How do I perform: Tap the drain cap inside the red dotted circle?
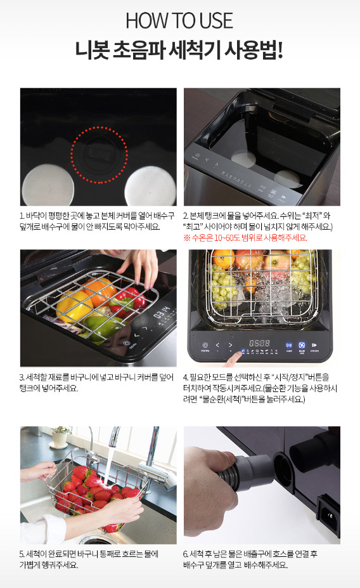(100, 155)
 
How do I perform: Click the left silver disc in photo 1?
(48, 185)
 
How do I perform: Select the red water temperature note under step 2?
(245, 238)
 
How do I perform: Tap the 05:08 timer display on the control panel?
(260, 343)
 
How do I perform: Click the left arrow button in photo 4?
(217, 345)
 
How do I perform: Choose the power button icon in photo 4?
(205, 345)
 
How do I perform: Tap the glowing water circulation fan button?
(302, 345)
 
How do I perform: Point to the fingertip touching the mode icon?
(229, 360)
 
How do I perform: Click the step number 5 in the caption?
(22, 554)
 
